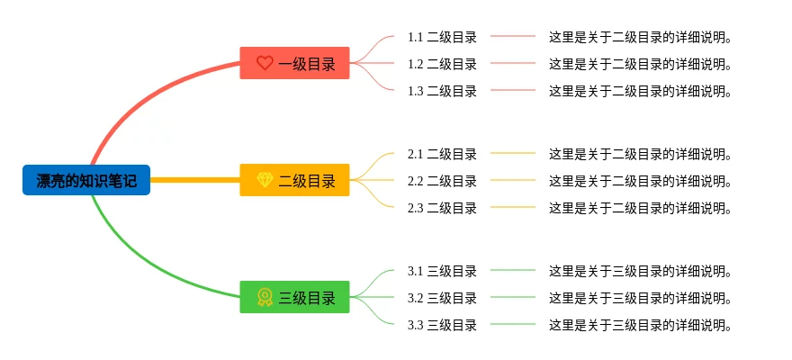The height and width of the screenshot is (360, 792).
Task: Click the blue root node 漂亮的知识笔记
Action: coord(86,180)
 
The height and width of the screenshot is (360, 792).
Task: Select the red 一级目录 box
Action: coord(294,63)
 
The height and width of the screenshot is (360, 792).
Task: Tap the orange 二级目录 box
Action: coord(294,180)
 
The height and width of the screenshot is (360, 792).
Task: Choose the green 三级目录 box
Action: coord(294,297)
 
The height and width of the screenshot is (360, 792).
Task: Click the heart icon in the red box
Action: coord(265,63)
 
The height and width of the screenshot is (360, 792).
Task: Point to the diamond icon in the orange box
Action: coord(265,180)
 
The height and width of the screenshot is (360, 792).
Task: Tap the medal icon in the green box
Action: coord(265,297)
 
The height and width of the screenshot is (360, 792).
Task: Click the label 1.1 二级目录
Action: coord(442,37)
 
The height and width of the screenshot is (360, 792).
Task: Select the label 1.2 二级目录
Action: coord(442,64)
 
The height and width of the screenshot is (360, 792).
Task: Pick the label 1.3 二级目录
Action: coord(442,91)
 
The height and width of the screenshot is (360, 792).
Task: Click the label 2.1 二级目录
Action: coord(442,154)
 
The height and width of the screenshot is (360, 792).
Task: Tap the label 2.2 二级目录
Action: coord(442,181)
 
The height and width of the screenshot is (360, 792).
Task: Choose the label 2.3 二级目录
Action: coord(442,208)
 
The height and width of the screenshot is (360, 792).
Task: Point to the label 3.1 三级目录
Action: coord(442,271)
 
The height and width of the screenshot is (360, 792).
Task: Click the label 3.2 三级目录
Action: coord(442,298)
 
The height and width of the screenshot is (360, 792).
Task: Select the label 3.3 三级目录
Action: coord(442,325)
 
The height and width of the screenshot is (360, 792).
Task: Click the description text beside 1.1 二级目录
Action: coord(640,37)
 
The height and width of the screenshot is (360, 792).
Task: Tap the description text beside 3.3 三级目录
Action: coord(640,325)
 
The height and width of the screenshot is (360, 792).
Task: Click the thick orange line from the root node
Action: coord(194,180)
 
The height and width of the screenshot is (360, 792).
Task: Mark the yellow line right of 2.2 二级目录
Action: coord(513,180)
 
